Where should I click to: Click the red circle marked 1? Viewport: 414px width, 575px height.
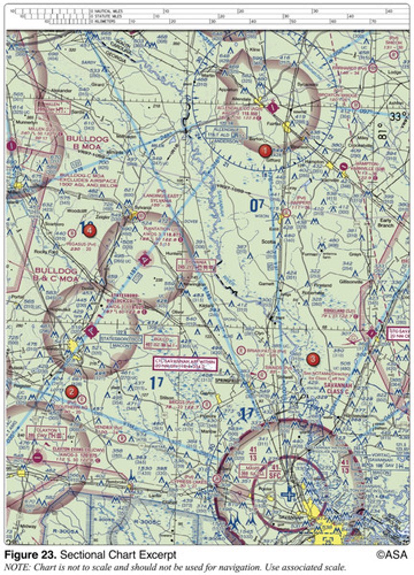[x=264, y=150]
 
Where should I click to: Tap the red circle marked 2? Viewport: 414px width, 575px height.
[x=71, y=391]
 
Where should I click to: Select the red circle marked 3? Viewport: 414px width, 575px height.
[x=312, y=358]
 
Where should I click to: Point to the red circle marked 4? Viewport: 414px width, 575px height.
[x=89, y=230]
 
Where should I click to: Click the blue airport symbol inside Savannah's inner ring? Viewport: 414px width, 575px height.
[x=288, y=493]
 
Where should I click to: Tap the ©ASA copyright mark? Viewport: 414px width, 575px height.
[x=391, y=555]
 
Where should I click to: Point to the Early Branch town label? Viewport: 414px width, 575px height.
[x=385, y=222]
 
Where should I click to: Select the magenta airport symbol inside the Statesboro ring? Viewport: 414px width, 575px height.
[x=91, y=330]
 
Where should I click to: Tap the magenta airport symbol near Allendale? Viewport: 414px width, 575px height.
[x=272, y=107]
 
